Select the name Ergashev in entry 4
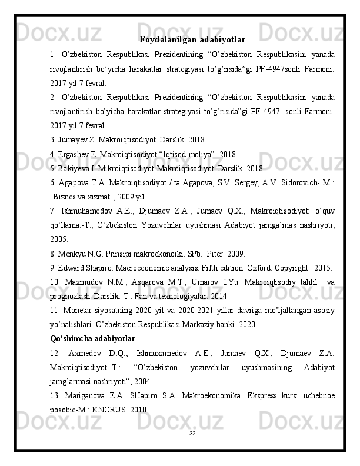75,155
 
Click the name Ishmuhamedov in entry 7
90,211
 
